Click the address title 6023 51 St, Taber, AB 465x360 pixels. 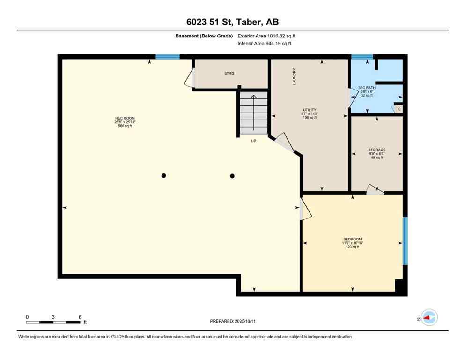coord(232,22)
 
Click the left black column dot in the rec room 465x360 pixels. coord(163,176)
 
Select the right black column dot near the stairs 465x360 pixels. coord(232,176)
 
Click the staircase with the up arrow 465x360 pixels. coord(253,113)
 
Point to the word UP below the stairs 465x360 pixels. coord(253,141)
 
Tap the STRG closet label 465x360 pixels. coord(229,74)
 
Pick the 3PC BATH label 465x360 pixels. coord(368,88)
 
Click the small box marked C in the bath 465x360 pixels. coord(399,109)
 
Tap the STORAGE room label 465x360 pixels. coord(376,150)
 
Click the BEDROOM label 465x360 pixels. coord(352,239)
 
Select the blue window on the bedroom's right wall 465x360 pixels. coord(405,240)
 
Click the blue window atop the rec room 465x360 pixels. coord(167,57)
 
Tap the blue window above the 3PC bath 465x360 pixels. coord(362,57)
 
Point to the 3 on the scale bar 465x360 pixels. coord(53,317)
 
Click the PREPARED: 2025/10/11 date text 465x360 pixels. coord(232,321)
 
